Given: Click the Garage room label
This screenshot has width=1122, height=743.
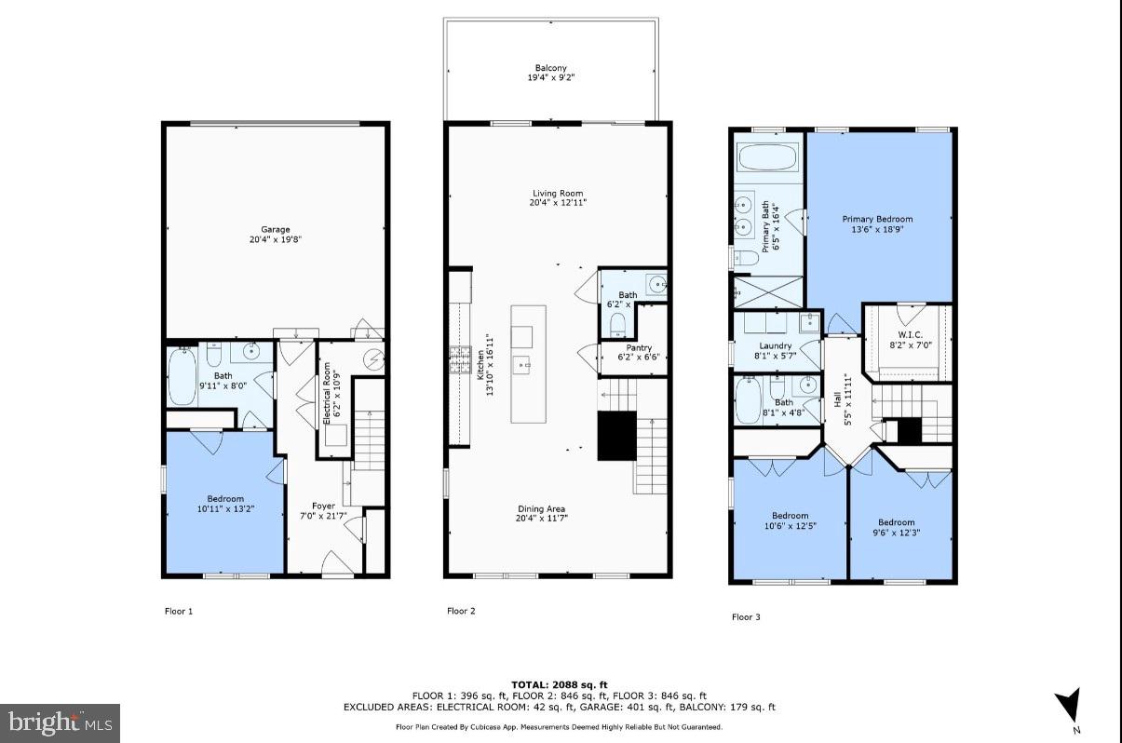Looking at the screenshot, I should tap(275, 229).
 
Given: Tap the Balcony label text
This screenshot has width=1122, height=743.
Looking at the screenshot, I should tap(550, 68).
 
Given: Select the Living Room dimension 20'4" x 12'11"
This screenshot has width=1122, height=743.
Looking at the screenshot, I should tap(558, 203).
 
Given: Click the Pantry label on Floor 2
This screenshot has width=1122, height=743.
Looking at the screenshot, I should tap(639, 347).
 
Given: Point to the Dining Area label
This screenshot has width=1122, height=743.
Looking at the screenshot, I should tap(542, 509).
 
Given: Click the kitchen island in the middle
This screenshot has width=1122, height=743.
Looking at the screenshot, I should tap(528, 363).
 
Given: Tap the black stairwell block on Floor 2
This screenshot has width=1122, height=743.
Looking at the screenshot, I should tap(615, 436).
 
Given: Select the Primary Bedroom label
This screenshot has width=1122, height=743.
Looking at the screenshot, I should tap(877, 220).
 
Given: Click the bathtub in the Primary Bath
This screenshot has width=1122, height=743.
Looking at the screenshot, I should tap(768, 156).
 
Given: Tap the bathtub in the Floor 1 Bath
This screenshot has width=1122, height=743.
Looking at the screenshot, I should tap(182, 377).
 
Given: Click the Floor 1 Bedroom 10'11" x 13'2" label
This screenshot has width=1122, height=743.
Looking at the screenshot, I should tap(224, 504).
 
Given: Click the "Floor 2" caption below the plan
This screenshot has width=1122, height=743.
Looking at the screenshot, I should tap(461, 612).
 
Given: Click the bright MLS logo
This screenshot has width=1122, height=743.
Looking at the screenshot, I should tap(60, 722).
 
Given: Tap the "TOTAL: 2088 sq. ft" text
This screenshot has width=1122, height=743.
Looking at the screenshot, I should tap(560, 685).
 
